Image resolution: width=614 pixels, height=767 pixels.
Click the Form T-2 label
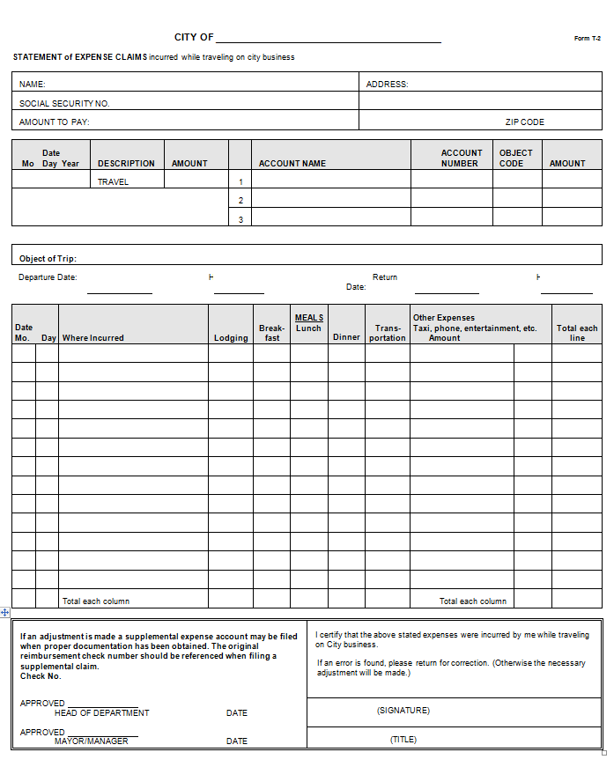pos(588,39)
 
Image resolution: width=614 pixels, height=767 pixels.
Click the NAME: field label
pos(33,85)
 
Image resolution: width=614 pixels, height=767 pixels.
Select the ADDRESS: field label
pos(387,85)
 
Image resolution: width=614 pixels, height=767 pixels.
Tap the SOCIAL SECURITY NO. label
pos(64,104)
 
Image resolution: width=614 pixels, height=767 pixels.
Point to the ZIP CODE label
pos(524,122)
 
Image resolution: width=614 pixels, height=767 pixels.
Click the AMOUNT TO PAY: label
pos(55,122)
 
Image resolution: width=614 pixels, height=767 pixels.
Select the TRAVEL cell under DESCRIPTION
pos(113,182)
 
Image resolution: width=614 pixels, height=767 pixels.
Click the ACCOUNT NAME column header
pos(292,164)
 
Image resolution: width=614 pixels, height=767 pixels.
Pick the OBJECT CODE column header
pos(515,158)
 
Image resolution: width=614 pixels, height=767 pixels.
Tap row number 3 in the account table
pos(240,219)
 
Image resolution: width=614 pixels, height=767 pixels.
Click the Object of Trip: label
pos(48,259)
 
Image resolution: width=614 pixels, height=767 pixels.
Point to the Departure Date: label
pos(48,277)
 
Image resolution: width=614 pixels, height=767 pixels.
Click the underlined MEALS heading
pos(309,318)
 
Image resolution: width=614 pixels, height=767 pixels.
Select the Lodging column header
pos(231,338)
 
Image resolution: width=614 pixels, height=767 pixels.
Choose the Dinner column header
pos(346,337)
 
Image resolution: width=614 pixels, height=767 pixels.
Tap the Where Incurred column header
pos(93,338)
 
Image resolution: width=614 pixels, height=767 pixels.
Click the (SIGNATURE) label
pos(403,711)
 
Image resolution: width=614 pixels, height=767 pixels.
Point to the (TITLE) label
pos(403,740)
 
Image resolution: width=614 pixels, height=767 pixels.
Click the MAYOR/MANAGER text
pos(91,741)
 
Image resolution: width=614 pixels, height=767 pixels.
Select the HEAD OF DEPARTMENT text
pos(101,713)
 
